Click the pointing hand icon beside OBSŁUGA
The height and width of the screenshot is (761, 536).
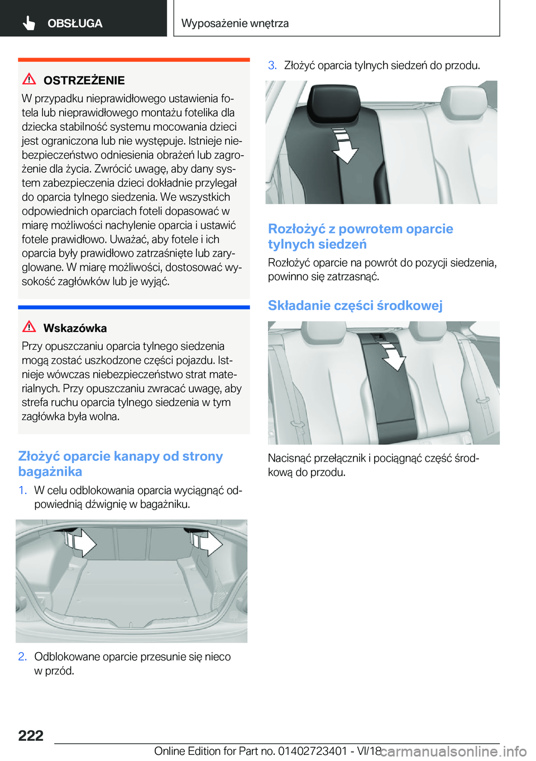pyautogui.click(x=29, y=23)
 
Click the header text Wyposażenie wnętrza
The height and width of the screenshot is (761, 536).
pyautogui.click(x=235, y=23)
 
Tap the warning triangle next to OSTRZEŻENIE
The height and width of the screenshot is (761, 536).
pyautogui.click(x=29, y=79)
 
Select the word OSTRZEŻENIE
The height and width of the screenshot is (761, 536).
pyautogui.click(x=84, y=80)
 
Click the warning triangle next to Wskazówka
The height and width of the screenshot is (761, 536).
pyautogui.click(x=29, y=327)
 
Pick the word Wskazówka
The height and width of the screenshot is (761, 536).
pyautogui.click(x=75, y=329)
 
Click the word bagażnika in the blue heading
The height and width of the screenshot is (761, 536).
pyautogui.click(x=50, y=472)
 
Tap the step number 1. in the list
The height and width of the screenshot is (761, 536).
pyautogui.click(x=22, y=491)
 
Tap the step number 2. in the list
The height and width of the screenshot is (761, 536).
pyautogui.click(x=22, y=657)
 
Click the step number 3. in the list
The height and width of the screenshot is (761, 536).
pyautogui.click(x=272, y=65)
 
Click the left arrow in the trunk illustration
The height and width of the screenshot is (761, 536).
pyautogui.click(x=80, y=542)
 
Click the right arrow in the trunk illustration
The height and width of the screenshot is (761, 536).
pyautogui.click(x=206, y=542)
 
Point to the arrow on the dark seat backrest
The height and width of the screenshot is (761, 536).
pyautogui.click(x=344, y=145)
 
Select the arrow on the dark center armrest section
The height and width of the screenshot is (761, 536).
pyautogui.click(x=393, y=356)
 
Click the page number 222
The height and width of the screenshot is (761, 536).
pyautogui.click(x=31, y=736)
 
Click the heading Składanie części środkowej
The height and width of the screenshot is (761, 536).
pyautogui.click(x=355, y=306)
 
